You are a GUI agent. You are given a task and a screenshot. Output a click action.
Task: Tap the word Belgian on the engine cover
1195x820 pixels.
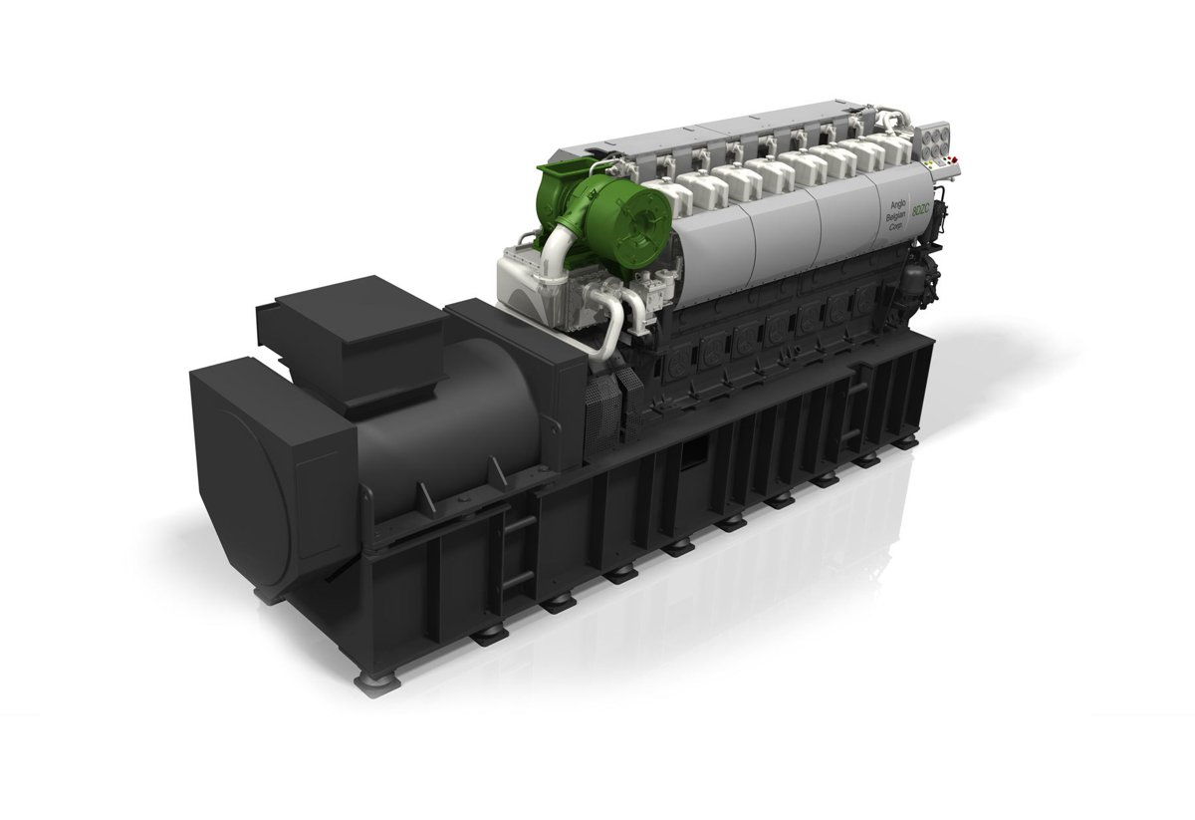point(895,213)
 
